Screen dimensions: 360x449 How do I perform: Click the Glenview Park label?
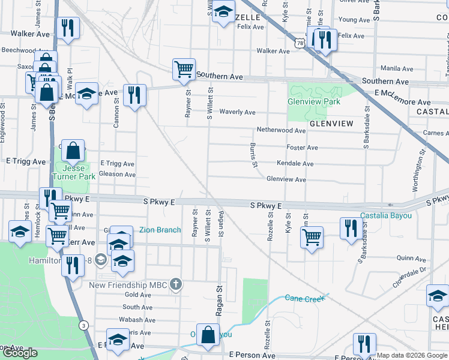point(314,101)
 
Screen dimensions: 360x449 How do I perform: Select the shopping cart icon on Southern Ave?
point(183,69)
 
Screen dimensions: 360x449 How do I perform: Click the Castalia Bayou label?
point(386,215)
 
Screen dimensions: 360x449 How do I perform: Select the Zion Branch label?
point(160,229)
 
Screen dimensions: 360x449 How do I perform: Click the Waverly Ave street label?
point(238,112)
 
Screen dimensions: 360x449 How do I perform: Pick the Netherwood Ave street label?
point(281,130)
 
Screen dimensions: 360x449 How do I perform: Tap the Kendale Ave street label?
point(295,163)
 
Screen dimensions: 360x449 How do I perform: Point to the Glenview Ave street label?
point(286,179)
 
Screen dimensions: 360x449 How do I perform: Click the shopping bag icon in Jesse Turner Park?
point(73,151)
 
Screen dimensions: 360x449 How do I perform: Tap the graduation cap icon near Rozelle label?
point(223,12)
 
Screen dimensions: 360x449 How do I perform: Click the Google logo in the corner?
point(20,353)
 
